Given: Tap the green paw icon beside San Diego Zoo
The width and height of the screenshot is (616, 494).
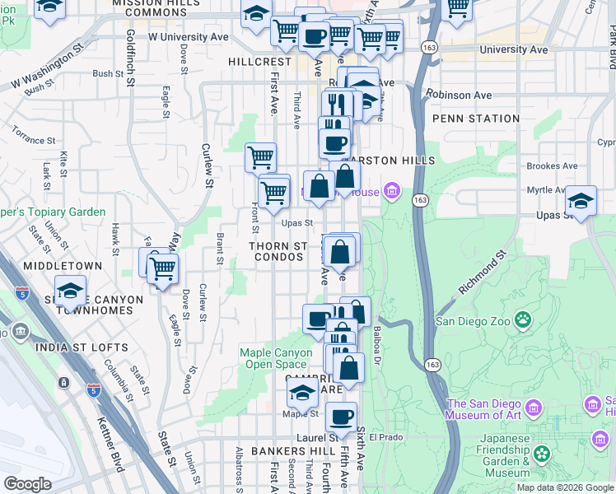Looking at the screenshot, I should pos(521,319).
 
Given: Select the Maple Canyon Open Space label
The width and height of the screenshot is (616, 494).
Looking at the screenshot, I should pos(276,358).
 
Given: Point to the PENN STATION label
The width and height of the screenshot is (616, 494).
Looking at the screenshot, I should pos(476,119).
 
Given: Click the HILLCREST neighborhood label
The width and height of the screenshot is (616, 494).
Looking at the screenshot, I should pos(260,62).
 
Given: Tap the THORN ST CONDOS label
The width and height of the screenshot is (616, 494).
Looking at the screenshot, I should pos(278,252).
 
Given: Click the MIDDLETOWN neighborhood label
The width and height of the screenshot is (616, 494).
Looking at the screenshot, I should pos(63,266).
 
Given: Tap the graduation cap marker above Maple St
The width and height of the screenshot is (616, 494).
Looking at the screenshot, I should pos(303,393).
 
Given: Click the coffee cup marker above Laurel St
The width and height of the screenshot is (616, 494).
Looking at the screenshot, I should pos(341,416).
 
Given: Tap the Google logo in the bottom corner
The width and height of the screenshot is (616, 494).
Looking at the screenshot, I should pos(27,483).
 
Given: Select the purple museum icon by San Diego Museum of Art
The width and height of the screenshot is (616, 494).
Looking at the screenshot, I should pos(533,408).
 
